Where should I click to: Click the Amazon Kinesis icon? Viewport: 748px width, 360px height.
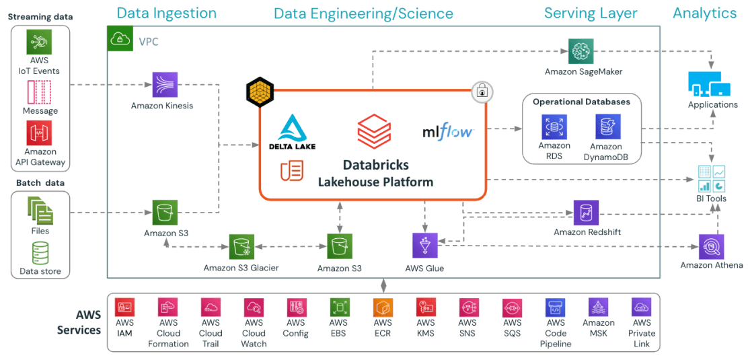165,85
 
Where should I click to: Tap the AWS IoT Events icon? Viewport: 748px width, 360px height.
40,42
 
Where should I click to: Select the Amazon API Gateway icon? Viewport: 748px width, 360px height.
40,133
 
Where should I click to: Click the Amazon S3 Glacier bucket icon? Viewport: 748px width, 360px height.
241,247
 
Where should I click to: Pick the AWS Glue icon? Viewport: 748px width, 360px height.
424,246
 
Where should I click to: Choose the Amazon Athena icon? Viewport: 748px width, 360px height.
711,247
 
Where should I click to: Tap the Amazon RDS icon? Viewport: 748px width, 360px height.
554,127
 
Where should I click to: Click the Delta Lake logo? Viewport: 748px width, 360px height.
292,132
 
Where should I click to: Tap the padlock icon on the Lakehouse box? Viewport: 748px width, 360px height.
482,92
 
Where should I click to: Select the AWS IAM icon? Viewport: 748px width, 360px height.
124,308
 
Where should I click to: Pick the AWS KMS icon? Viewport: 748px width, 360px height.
426,308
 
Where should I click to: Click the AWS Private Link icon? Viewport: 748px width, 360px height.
642,308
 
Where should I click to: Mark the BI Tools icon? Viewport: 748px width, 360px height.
711,178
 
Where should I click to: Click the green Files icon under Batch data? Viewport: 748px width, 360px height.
40,211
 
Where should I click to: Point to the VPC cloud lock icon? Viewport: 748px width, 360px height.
120,40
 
